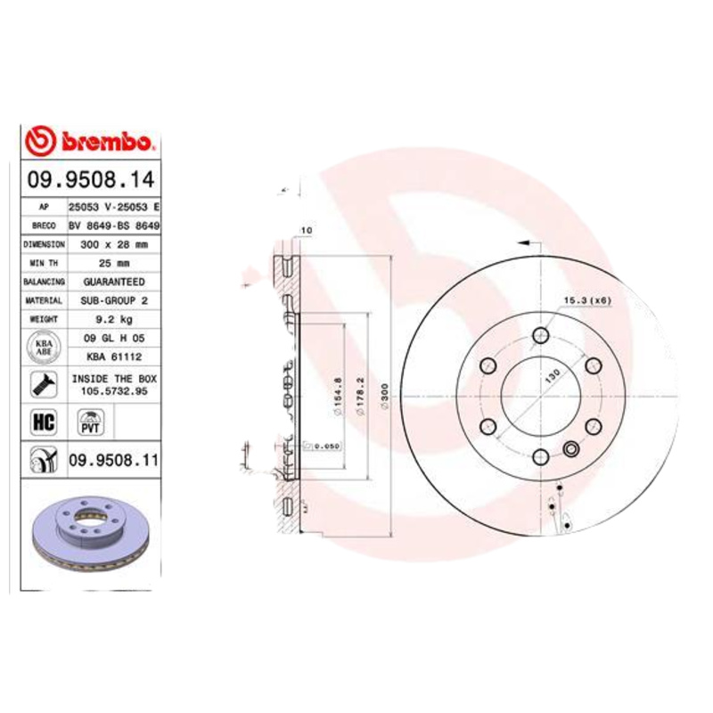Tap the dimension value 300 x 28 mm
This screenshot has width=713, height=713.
tap(113, 243)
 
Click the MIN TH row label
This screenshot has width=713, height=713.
tap(44, 263)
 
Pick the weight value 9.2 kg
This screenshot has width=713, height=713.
tap(113, 318)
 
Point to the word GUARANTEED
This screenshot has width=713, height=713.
tap(113, 282)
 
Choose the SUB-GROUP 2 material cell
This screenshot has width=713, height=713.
tap(113, 300)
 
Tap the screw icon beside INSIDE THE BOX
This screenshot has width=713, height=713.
tap(43, 385)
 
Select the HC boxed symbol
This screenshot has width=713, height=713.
tap(43, 422)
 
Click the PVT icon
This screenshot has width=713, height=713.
tap(90, 422)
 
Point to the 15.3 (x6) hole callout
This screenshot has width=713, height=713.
tap(586, 299)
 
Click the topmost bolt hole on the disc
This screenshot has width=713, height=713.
tap(540, 335)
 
